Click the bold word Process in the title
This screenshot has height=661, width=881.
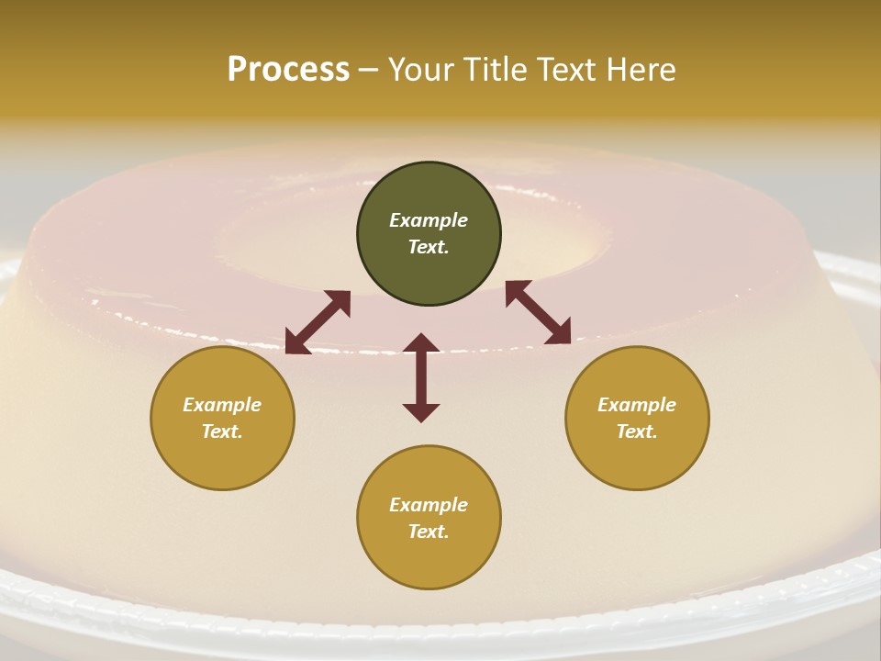288,70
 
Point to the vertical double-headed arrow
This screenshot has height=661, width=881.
421,378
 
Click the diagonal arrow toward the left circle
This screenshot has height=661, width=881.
318,322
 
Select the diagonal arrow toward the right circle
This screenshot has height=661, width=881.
538,312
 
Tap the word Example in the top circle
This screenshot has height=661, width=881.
429,220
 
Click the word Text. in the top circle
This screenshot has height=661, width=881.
429,247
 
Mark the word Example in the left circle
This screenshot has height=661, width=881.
222,405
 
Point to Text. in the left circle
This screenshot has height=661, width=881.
222,431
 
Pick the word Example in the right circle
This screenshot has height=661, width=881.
637,405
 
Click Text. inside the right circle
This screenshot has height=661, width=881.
637,431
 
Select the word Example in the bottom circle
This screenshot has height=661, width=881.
429,505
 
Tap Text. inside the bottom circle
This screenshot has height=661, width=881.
429,532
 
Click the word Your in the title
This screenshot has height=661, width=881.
421,70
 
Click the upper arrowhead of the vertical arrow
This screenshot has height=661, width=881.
421,343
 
